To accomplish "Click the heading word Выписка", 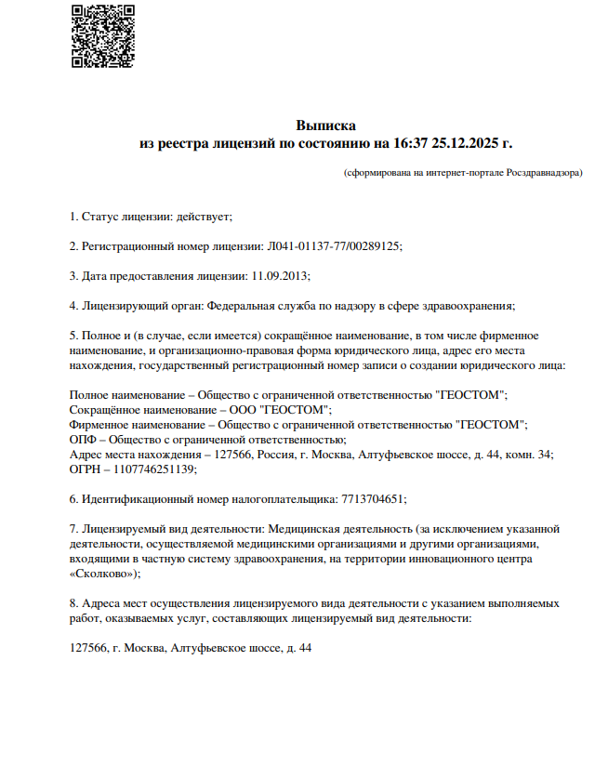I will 325,125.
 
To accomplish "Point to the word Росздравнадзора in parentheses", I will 543,173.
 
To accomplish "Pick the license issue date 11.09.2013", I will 280,276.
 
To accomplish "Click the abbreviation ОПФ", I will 83,440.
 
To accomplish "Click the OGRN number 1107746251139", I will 155,469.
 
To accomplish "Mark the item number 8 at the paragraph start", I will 74,603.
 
